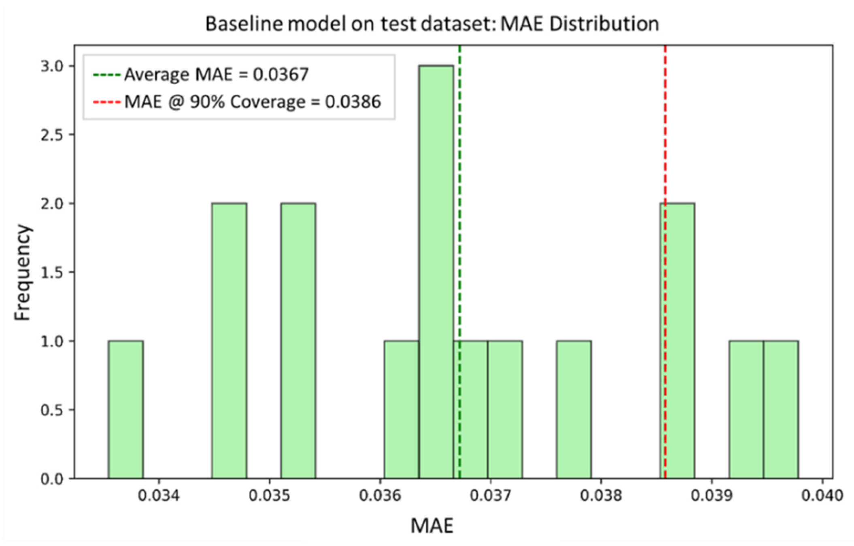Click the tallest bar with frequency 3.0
(x=436, y=271)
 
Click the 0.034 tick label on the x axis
(x=159, y=495)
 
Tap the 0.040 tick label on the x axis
(x=822, y=495)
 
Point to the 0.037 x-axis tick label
(x=490, y=495)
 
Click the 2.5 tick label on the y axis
(x=52, y=135)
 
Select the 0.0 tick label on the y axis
(x=52, y=479)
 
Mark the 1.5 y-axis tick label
(x=52, y=273)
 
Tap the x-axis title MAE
(x=432, y=526)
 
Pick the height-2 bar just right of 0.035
(x=298, y=340)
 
